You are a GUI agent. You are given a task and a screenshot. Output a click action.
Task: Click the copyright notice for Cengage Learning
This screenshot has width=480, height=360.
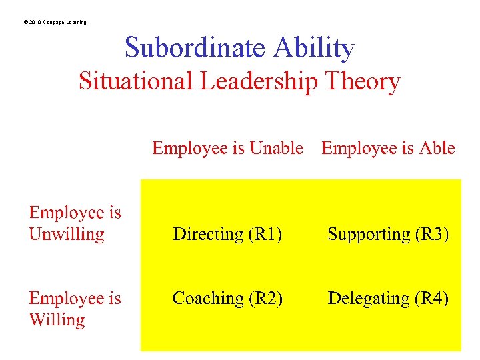pos(54,23)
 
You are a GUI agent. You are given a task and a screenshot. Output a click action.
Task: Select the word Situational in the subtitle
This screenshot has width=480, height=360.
pos(135,82)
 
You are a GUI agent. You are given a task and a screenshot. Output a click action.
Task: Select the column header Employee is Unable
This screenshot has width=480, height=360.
pos(227,148)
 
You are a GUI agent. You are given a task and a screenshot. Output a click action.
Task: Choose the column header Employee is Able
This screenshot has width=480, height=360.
pos(388,148)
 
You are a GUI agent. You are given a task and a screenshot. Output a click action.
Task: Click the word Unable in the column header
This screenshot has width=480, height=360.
pos(277,148)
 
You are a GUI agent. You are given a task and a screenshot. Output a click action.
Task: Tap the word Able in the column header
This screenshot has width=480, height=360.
pos(437,148)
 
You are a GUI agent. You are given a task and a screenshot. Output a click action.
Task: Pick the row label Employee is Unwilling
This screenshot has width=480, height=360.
pos(75,223)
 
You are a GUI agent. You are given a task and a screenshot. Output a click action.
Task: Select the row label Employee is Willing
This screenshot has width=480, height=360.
pos(75,309)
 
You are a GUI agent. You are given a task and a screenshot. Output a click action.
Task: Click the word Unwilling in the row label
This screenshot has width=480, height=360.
pos(67,235)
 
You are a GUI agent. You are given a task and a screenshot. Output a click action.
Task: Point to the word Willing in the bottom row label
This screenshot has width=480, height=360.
pos(57,320)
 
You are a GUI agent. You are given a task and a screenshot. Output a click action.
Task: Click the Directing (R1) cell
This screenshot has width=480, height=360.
pos(227,234)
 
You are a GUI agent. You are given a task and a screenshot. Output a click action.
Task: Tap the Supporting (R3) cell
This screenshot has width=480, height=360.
pos(388,234)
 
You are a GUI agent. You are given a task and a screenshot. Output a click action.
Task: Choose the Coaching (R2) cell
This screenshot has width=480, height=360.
pos(227,299)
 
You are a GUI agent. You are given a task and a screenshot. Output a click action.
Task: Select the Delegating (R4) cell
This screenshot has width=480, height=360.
pos(388,299)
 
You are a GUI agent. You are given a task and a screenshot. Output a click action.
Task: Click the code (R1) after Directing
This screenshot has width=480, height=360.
pos(265,234)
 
